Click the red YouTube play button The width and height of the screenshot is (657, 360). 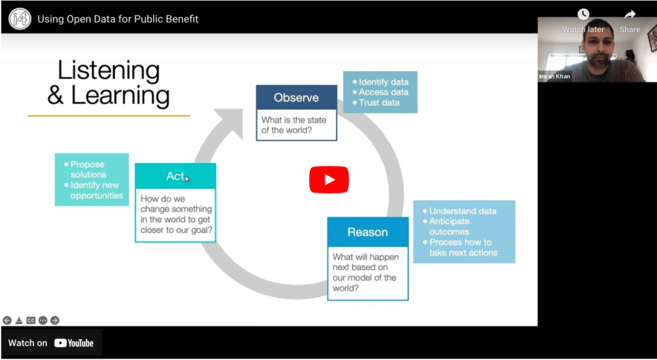tap(328, 180)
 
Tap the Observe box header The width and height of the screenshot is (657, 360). tap(296, 98)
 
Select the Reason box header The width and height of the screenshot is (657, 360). tap(368, 232)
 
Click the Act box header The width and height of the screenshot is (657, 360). tap(175, 176)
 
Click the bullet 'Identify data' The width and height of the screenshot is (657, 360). tap(383, 82)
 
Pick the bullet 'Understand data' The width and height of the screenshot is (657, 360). tap(463, 211)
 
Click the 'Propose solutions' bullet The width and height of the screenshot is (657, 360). tap(89, 169)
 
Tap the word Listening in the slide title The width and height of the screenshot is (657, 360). tap(108, 71)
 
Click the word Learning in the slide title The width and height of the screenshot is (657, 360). tap(120, 96)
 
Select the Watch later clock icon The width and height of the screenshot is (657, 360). tap(583, 15)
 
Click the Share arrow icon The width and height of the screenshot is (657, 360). tap(629, 15)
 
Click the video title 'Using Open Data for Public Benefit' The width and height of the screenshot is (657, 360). tap(118, 19)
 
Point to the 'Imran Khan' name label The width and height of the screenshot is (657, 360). tap(555, 76)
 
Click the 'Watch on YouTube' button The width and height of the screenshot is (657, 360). tap(51, 343)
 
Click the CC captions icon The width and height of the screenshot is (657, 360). tap(31, 320)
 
